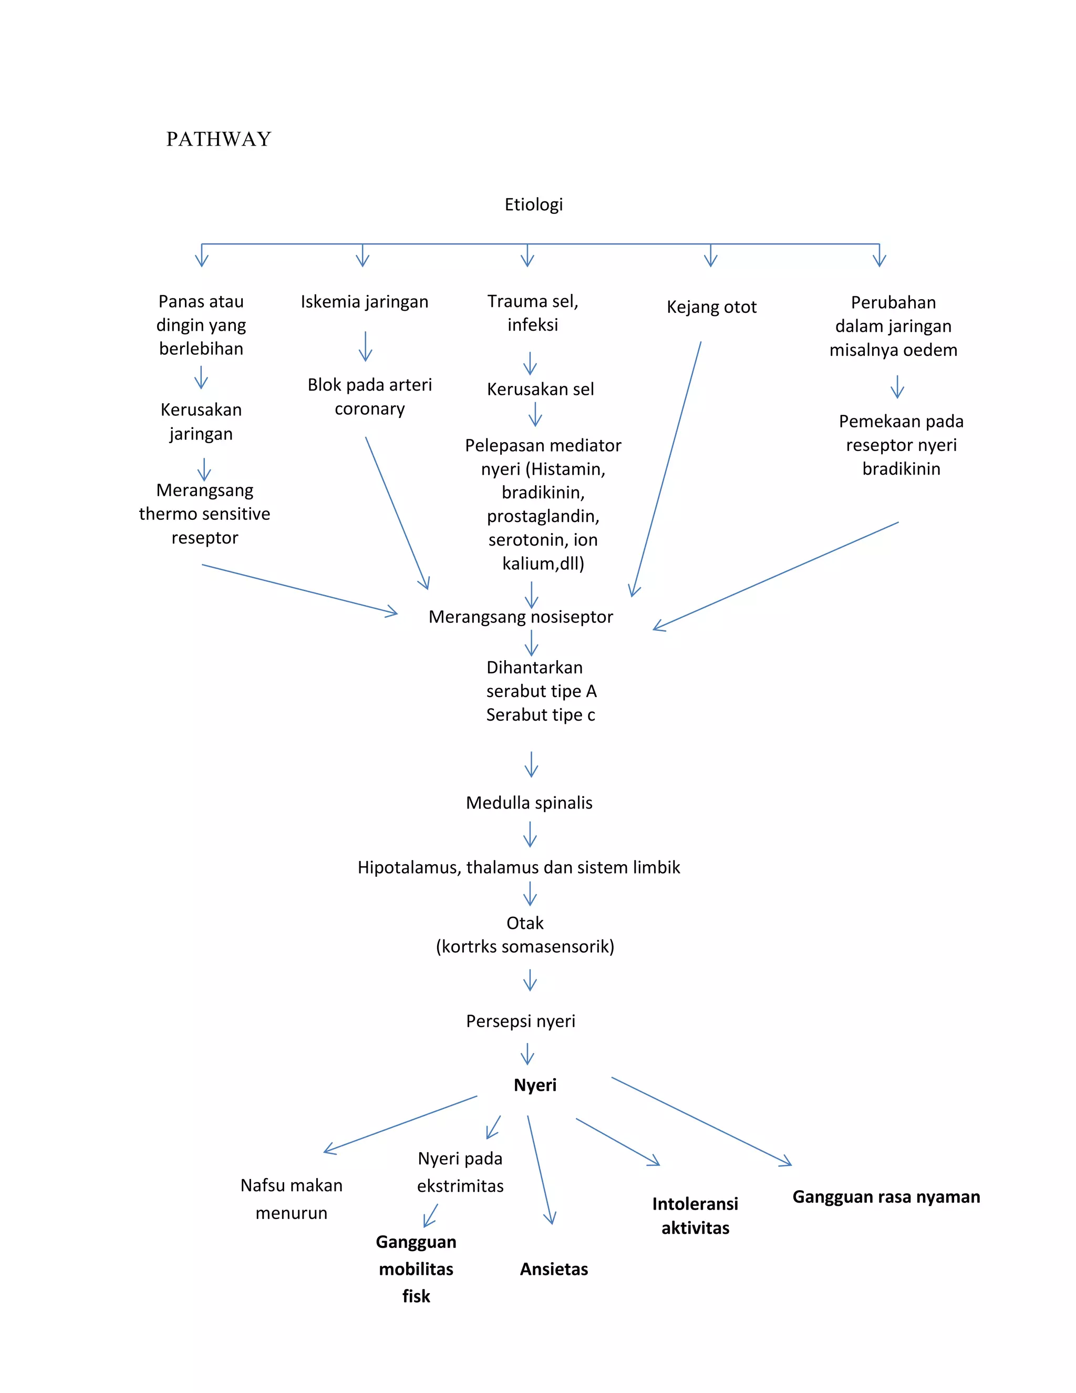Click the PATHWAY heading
click(x=219, y=139)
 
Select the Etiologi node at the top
click(x=534, y=204)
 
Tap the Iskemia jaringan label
click(x=364, y=302)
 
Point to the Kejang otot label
click(x=711, y=307)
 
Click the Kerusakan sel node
click(x=540, y=389)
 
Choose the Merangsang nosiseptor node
click(x=520, y=617)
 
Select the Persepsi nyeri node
click(x=520, y=1021)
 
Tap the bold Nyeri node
click(x=535, y=1085)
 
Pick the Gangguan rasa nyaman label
click(x=886, y=1196)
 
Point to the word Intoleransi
click(x=695, y=1204)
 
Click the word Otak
click(x=525, y=923)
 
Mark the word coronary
click(x=370, y=409)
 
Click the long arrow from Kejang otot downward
click(x=666, y=469)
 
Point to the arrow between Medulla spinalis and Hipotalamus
click(x=530, y=834)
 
